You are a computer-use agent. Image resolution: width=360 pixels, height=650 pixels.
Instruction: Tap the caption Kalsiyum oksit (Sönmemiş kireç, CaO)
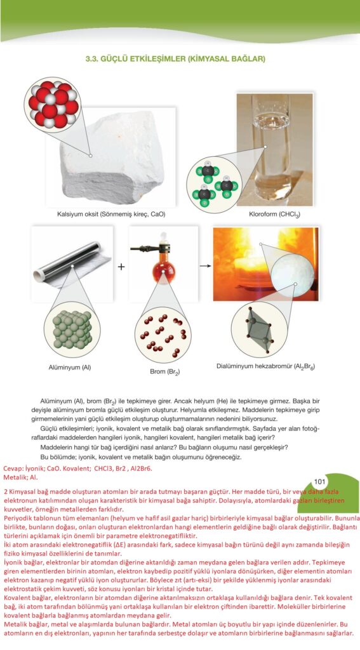111,215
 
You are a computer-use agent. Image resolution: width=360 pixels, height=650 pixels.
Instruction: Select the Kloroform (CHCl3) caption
274,215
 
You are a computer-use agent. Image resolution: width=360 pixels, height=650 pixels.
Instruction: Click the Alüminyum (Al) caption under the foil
70,367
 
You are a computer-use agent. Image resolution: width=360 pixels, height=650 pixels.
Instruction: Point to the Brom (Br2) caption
164,372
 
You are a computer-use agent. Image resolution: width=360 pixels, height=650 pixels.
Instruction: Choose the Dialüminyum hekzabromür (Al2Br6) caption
265,367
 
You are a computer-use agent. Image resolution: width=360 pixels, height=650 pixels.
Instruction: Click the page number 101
319,482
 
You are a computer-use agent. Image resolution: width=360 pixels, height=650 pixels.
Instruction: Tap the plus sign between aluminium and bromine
121,267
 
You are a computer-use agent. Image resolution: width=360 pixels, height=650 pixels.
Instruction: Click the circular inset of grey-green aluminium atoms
72,329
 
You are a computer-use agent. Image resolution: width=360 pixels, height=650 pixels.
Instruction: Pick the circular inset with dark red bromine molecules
163,333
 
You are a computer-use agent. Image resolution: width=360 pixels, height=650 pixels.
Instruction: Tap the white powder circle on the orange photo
293,272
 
